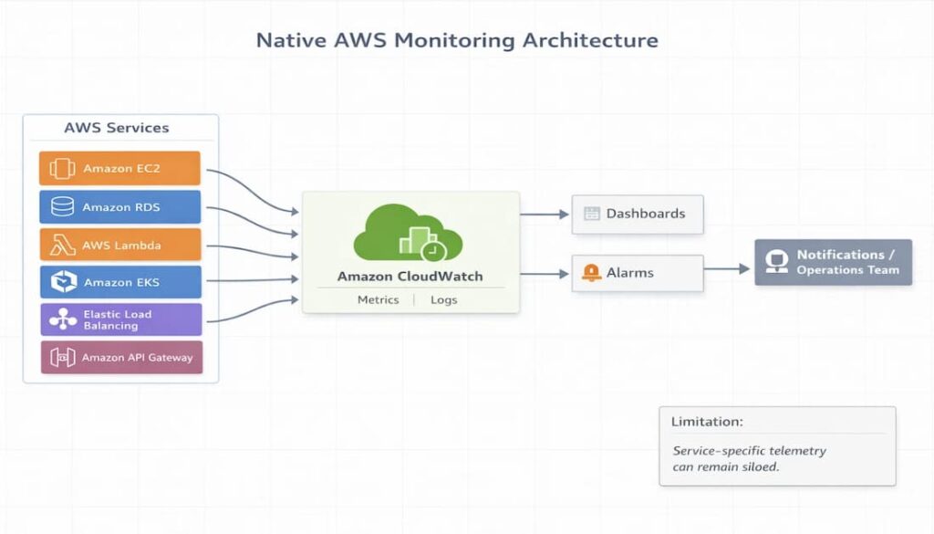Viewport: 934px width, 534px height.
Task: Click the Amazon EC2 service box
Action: coord(119,169)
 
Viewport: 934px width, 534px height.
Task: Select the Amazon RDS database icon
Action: coord(63,207)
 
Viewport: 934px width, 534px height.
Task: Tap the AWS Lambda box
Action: coord(119,245)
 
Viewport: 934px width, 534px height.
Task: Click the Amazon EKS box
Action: coord(120,282)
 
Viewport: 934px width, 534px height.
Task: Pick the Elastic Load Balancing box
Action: coord(120,319)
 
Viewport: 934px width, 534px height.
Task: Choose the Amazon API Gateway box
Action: coord(121,358)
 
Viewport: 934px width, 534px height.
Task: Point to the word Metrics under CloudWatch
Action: coord(378,299)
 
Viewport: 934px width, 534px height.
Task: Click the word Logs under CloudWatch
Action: coord(443,299)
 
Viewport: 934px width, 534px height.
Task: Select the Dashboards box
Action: coord(638,214)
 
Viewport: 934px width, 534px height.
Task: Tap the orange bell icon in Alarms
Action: coord(591,272)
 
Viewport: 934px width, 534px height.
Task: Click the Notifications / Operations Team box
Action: coord(833,262)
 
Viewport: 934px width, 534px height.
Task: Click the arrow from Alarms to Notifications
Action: coord(728,269)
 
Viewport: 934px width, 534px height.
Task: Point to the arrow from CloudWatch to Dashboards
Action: coord(545,215)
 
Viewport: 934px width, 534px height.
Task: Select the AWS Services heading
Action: coord(116,128)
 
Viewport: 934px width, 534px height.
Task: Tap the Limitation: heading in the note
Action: coord(707,422)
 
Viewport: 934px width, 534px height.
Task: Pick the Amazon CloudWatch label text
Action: coord(410,276)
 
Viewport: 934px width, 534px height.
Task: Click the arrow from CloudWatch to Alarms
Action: coord(545,273)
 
